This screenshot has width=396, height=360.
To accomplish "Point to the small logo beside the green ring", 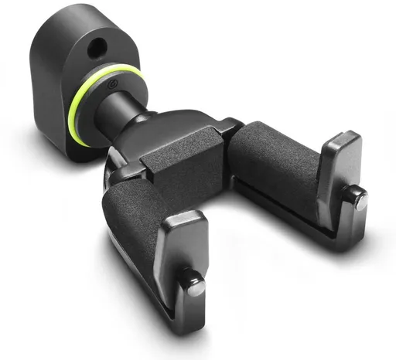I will click(114, 83).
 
